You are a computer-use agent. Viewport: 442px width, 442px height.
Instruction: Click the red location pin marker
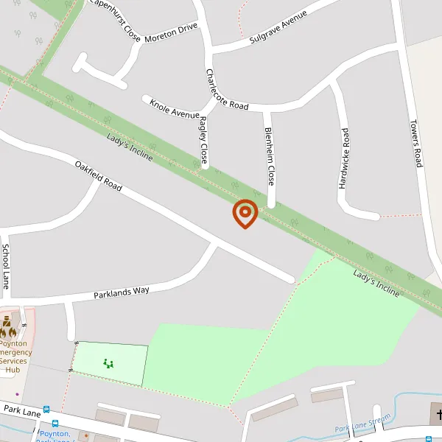coord(245,214)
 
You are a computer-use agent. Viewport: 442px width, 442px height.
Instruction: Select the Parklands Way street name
coord(122,292)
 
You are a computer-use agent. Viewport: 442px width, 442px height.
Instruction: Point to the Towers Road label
coord(416,143)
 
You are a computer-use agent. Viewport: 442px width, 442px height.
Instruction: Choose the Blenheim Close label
coord(270,155)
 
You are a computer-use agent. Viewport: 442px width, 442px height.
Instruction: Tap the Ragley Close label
coord(203,139)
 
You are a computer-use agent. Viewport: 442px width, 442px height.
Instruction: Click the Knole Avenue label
coord(175,108)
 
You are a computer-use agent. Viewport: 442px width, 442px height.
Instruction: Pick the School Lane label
coord(6,266)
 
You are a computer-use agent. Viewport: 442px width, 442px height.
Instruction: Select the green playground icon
coord(109,362)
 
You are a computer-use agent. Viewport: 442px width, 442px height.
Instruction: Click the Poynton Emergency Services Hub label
coord(13,357)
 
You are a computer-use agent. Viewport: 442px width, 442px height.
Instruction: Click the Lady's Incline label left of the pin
coord(130,148)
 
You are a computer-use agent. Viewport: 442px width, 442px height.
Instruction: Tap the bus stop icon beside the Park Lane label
coord(46,410)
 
